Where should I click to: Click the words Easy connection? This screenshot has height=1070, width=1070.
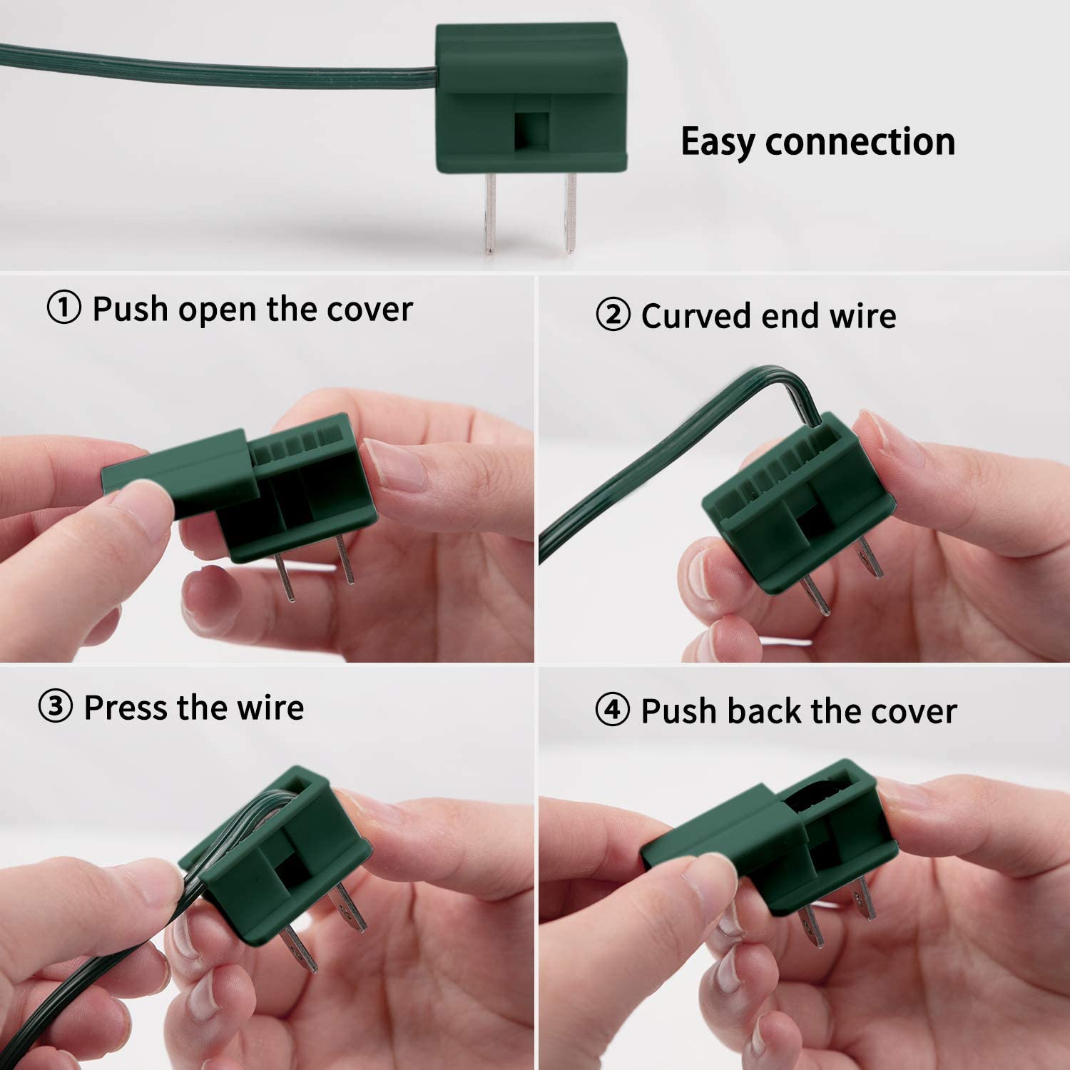(818, 142)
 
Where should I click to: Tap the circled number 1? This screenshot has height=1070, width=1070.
(64, 309)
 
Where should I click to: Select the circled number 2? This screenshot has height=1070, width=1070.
(613, 315)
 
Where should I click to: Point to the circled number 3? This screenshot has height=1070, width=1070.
(56, 708)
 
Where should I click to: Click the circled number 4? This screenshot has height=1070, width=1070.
(613, 710)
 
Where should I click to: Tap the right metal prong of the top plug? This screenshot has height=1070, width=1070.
(569, 212)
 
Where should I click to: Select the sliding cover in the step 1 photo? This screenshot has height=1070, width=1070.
(181, 473)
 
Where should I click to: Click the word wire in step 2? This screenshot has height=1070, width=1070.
(862, 315)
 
